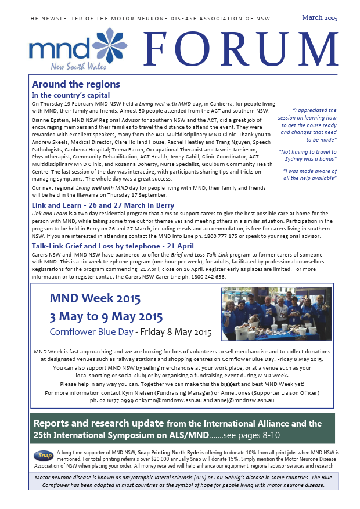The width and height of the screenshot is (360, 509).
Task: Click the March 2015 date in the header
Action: [x=319, y=17]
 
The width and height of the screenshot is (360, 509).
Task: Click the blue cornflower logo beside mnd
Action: [x=110, y=45]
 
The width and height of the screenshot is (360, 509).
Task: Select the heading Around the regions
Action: [x=76, y=84]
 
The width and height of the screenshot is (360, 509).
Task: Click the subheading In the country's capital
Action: [x=71, y=95]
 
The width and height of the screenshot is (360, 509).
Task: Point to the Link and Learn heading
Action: [x=103, y=205]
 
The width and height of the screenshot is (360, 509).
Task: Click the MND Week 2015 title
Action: [x=95, y=299]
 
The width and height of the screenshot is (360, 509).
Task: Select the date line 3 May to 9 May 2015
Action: [x=106, y=317]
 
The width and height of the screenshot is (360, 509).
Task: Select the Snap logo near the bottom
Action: [x=43, y=456]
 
